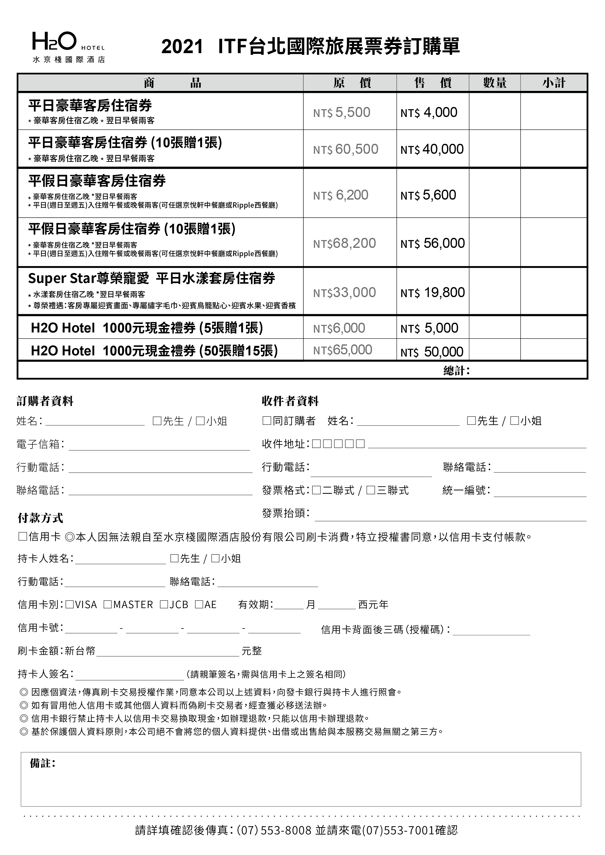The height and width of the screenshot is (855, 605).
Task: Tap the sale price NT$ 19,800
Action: (433, 293)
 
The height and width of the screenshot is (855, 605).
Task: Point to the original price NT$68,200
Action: (344, 243)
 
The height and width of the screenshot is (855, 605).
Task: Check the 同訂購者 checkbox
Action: (267, 421)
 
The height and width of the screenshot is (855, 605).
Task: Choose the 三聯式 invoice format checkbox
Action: (371, 490)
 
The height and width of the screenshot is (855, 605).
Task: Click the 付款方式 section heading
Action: (40, 518)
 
